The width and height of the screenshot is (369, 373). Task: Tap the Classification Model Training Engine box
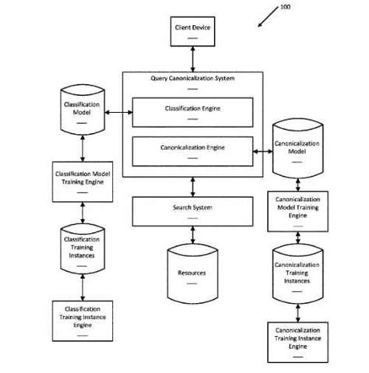(x=80, y=178)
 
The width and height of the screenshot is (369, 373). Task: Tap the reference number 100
(x=285, y=7)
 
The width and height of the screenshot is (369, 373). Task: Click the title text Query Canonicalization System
(x=192, y=79)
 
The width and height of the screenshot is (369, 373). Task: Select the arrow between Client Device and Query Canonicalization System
(x=192, y=58)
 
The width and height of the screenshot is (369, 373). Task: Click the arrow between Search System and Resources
(x=192, y=234)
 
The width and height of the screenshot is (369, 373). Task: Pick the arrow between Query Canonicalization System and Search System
(x=192, y=187)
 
